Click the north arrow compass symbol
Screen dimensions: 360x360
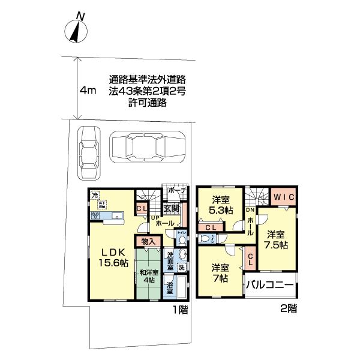76,30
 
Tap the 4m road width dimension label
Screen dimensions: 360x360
88,91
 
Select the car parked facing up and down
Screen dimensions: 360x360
89,154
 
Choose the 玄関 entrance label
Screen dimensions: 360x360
170,209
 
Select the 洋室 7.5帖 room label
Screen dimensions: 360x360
277,239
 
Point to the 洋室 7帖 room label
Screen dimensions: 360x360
218,273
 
